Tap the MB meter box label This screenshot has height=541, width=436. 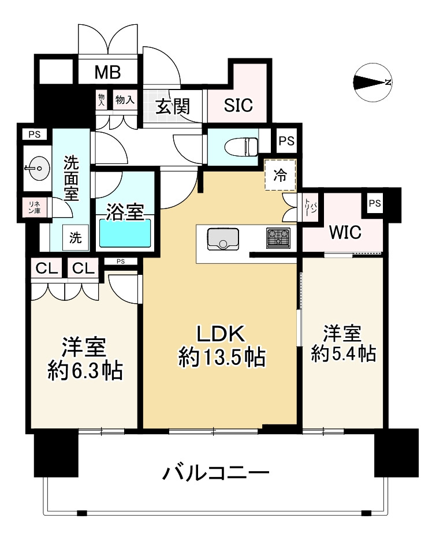coord(107,73)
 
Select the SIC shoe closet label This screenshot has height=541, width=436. coord(239,106)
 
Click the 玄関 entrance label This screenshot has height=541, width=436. coord(173,106)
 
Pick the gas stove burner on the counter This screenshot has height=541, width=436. coord(278,238)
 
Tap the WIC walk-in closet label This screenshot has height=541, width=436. coord(345,233)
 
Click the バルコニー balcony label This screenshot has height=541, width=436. coord(216,475)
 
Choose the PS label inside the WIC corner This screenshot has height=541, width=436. coord(375,203)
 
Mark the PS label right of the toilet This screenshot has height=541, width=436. coord(286,140)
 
